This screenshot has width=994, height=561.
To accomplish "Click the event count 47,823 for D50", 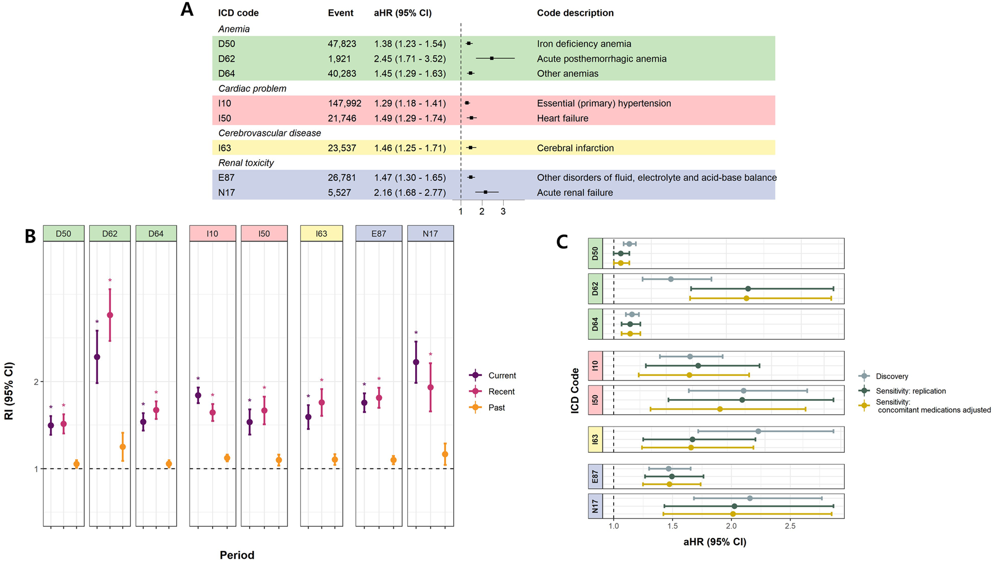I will tap(342, 44).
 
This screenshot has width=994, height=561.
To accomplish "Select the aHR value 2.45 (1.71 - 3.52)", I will tap(409, 59).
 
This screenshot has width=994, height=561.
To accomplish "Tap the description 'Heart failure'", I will tap(563, 118).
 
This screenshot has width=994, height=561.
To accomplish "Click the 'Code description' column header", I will tap(575, 13).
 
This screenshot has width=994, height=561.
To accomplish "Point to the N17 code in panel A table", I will tap(227, 193).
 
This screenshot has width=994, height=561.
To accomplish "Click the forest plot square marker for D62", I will tap(492, 58).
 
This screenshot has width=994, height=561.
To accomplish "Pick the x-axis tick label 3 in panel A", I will tap(503, 212).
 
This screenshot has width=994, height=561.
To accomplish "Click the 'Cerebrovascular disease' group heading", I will tap(269, 133).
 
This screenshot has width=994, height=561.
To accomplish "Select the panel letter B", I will tap(30, 237).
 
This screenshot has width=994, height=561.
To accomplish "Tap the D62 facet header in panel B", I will tap(110, 234).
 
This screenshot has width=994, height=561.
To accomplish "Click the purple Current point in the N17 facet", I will tap(416, 362).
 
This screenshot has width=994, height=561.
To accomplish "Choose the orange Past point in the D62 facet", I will tap(122, 447).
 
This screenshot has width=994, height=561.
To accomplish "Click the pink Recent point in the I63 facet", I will tap(321, 402).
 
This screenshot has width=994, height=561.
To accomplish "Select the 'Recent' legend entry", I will tap(501, 392).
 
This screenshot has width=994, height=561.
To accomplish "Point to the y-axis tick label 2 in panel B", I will tap(36, 382).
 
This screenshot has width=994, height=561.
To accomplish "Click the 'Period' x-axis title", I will tap(237, 555).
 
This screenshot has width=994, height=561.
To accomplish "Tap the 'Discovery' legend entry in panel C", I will tap(891, 377).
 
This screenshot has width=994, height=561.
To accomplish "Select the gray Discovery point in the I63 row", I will tap(758, 431).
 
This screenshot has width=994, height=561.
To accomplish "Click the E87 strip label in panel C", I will tap(595, 476).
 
